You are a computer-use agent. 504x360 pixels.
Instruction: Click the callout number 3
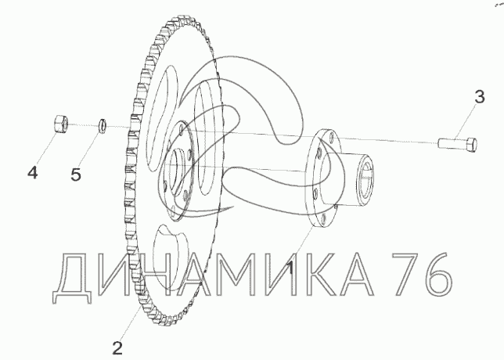pos(479,97)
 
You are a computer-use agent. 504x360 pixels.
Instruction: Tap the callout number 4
pos(32,173)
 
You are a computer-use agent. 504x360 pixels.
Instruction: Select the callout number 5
pos(76,175)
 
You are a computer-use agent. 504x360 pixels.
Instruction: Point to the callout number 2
pos(117,348)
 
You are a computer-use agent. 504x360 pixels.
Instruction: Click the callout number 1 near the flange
pos(290,268)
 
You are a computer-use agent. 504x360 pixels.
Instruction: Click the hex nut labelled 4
pos(60,124)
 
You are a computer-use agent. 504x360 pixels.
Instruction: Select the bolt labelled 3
pos(457,144)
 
